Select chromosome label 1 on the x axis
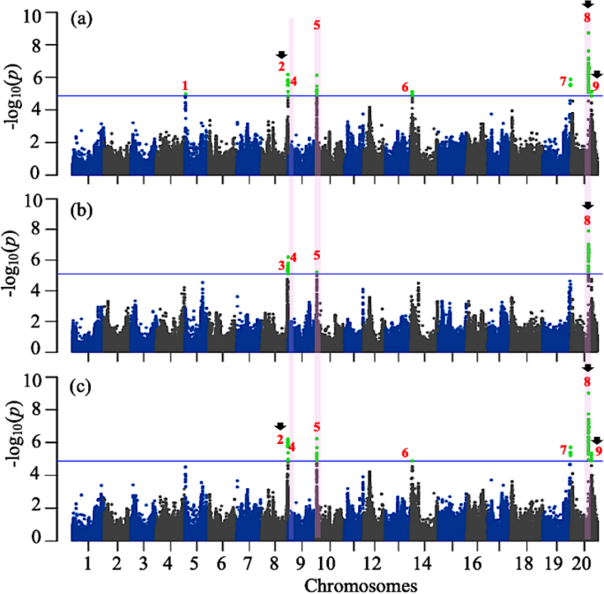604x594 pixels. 87,562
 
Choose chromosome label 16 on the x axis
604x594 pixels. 473,562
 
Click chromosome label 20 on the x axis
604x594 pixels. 585,562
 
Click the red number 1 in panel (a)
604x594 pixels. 185,86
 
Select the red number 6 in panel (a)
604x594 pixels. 406,87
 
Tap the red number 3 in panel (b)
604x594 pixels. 281,265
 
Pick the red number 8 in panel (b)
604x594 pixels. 587,220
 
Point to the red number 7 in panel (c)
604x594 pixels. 563,450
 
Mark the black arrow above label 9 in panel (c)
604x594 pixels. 597,440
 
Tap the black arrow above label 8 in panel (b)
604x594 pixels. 588,206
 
